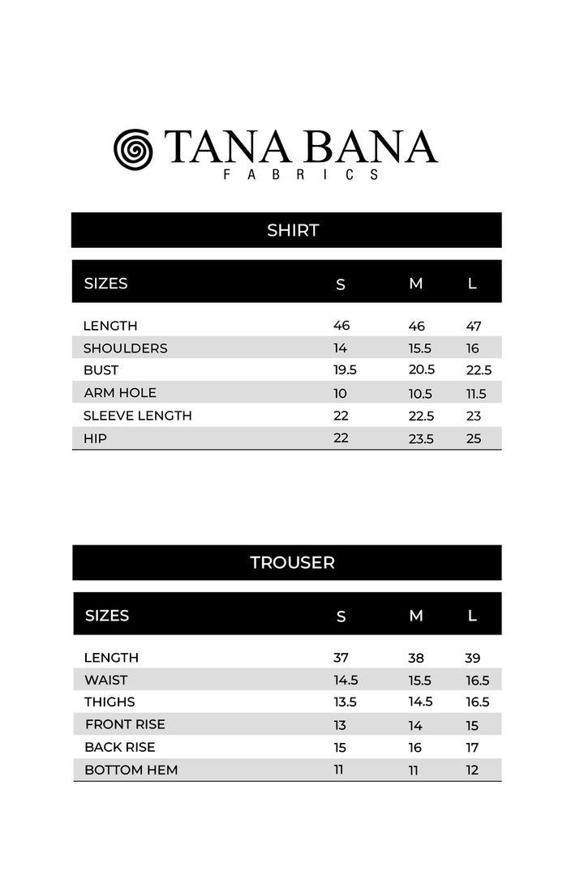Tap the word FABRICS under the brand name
301,174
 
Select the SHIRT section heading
293,230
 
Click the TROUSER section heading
292,562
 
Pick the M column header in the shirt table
416,284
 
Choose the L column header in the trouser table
472,616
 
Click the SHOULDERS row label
125,348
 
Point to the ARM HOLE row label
120,393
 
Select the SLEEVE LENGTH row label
137,416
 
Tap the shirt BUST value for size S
345,370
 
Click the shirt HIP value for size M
421,439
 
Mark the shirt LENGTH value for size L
474,327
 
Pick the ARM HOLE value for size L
475,394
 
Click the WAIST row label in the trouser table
105,681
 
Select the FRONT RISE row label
125,724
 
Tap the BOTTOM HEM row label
131,770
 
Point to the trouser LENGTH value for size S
341,658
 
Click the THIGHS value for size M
420,702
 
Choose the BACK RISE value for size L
472,748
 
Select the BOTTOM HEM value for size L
472,770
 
